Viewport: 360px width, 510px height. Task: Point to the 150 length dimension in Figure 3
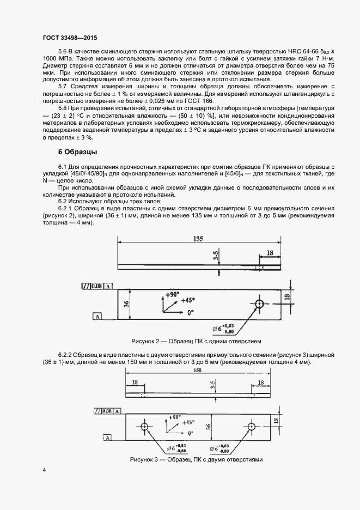198,371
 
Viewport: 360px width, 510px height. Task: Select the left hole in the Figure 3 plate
144,426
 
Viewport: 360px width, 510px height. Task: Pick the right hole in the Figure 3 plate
252,426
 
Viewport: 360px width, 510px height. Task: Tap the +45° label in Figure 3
188,422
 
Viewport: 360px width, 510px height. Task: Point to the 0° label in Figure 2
191,313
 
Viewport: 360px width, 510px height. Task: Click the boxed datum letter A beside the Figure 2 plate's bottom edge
97,316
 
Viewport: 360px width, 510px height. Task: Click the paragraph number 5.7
64,87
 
